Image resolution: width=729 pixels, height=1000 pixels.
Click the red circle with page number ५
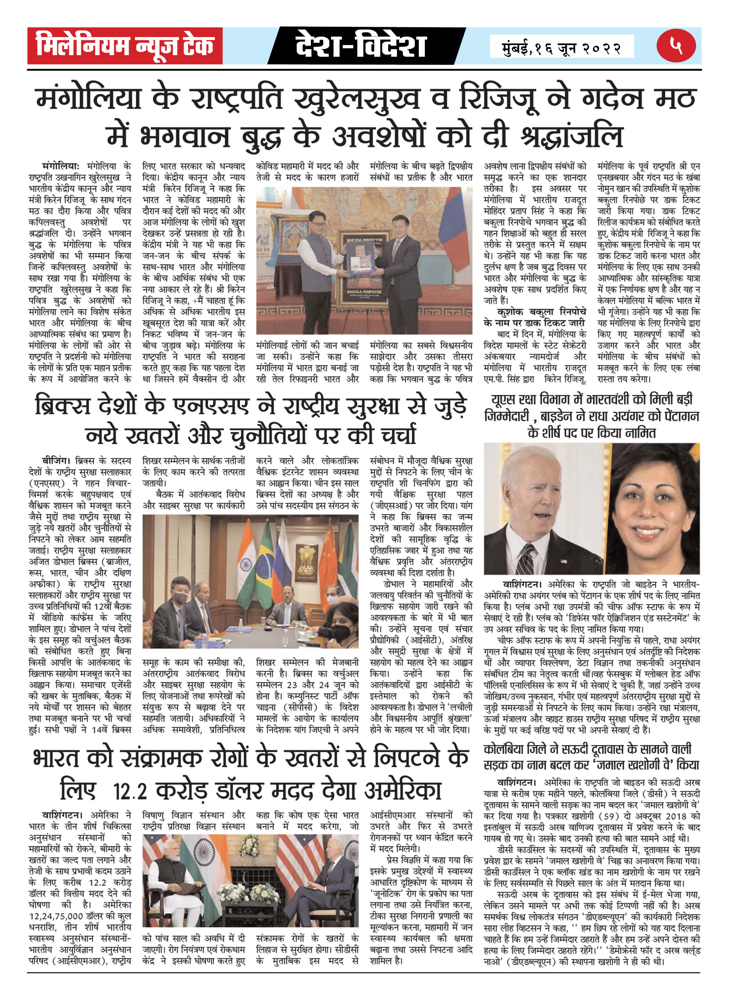(x=676, y=46)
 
